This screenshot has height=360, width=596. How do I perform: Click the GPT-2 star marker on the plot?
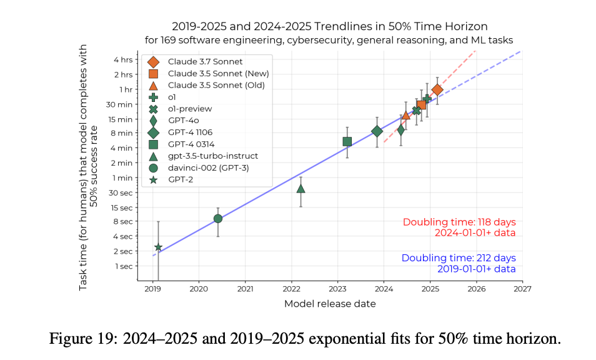click(x=158, y=247)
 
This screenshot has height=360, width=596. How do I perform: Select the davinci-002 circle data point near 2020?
click(x=217, y=218)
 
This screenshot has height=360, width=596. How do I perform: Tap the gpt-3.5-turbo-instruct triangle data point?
click(x=300, y=188)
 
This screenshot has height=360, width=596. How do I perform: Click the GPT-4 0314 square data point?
click(x=347, y=141)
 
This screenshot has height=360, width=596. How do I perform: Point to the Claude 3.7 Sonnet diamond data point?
click(x=437, y=90)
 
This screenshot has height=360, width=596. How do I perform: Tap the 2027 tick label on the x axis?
click(x=522, y=289)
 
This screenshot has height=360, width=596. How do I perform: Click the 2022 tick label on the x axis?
click(x=291, y=289)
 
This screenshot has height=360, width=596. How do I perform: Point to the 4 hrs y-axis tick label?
click(x=123, y=60)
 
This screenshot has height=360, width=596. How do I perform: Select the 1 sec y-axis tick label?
click(x=123, y=266)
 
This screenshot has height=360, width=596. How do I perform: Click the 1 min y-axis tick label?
click(x=123, y=177)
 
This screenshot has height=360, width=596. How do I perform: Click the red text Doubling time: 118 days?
click(x=459, y=222)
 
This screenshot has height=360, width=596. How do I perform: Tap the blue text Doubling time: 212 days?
click(x=459, y=257)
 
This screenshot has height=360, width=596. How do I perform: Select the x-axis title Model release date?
click(x=329, y=304)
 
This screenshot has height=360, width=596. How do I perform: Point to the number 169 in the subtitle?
click(x=210, y=40)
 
